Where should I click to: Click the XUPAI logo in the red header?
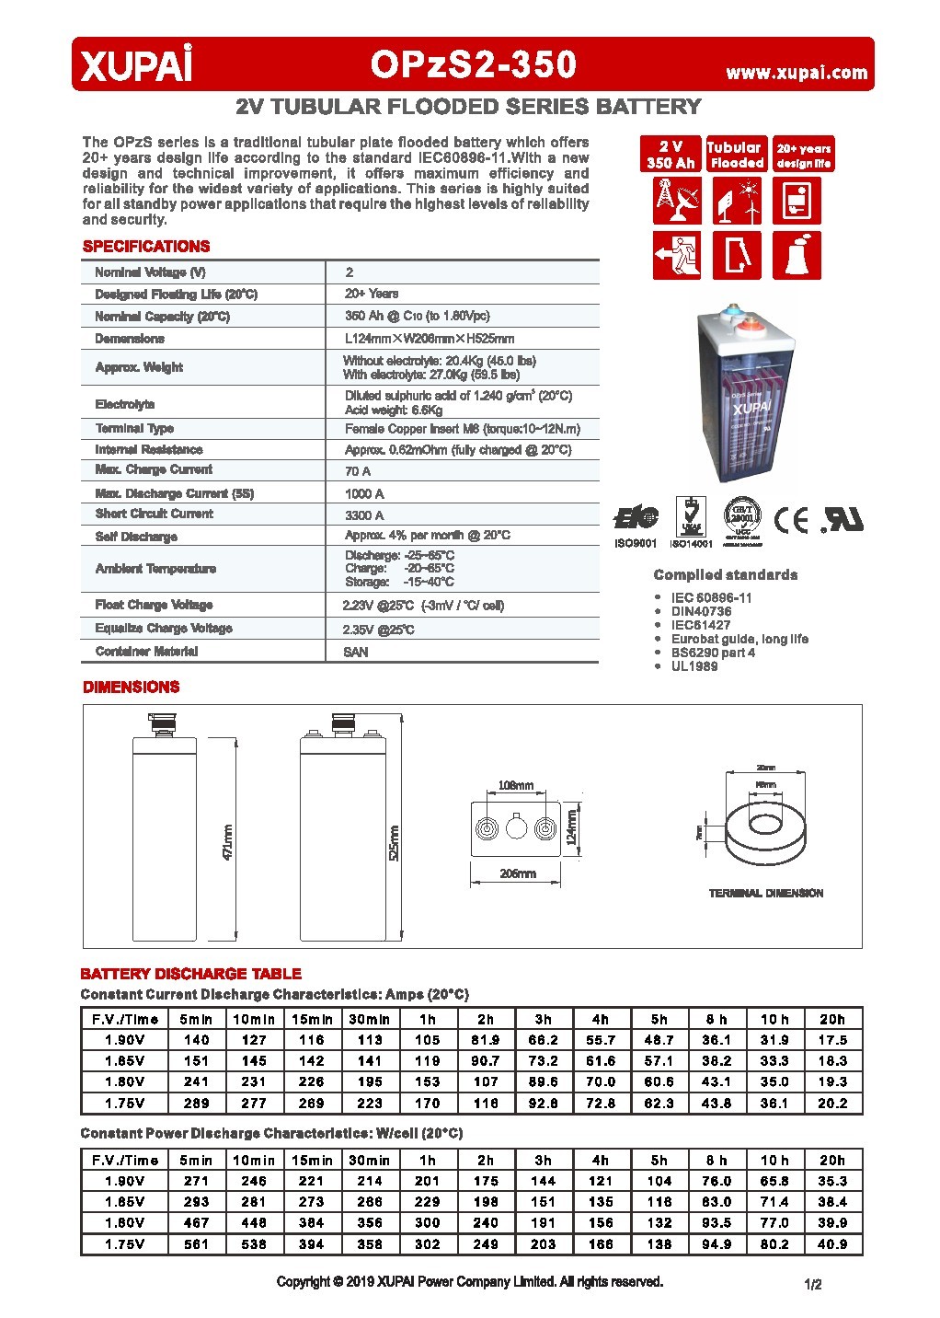137,66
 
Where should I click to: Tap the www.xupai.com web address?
797,73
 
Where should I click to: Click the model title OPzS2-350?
474,64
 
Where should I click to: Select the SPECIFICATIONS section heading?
146,247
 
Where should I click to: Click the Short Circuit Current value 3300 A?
364,515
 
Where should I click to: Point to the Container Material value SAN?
356,652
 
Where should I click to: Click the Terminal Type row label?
134,429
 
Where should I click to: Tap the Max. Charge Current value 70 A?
358,471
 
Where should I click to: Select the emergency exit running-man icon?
677,255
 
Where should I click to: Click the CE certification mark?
791,521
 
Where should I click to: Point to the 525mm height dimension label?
395,841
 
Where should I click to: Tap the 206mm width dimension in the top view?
517,873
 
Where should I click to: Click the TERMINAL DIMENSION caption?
765,893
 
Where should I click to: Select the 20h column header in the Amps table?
832,1019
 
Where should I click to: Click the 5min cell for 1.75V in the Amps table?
196,1103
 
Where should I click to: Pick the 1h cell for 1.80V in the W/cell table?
428,1223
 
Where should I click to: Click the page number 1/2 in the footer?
812,1284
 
